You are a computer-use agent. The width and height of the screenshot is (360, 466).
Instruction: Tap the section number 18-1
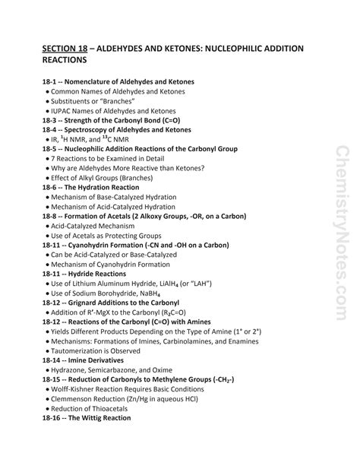52,81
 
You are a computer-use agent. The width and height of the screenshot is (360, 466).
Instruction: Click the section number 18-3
52,120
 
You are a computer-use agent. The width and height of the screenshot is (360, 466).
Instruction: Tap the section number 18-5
52,150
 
